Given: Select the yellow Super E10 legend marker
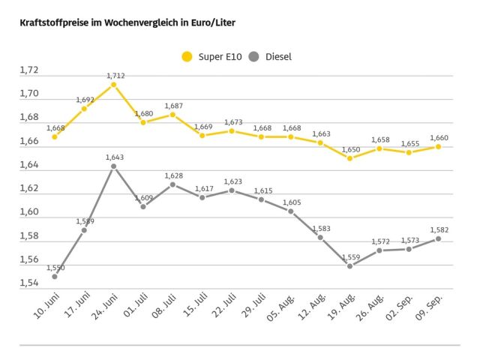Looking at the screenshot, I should [187, 56].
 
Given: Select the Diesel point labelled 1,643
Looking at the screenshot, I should [113, 166].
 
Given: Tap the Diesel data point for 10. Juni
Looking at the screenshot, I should [55, 277].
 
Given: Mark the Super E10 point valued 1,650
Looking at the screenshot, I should [349, 158].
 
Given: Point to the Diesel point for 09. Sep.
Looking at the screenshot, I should [438, 238].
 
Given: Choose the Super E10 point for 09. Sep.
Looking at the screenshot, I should [438, 146].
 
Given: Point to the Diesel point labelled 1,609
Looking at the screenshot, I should [143, 206].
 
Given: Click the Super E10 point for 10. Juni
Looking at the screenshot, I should [55, 136].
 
